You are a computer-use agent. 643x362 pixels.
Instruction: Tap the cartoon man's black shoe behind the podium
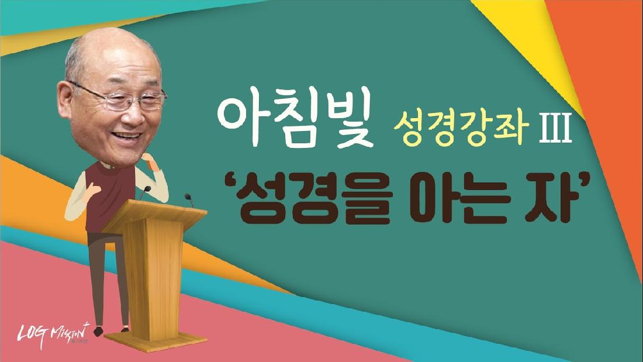(x=98, y=331)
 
